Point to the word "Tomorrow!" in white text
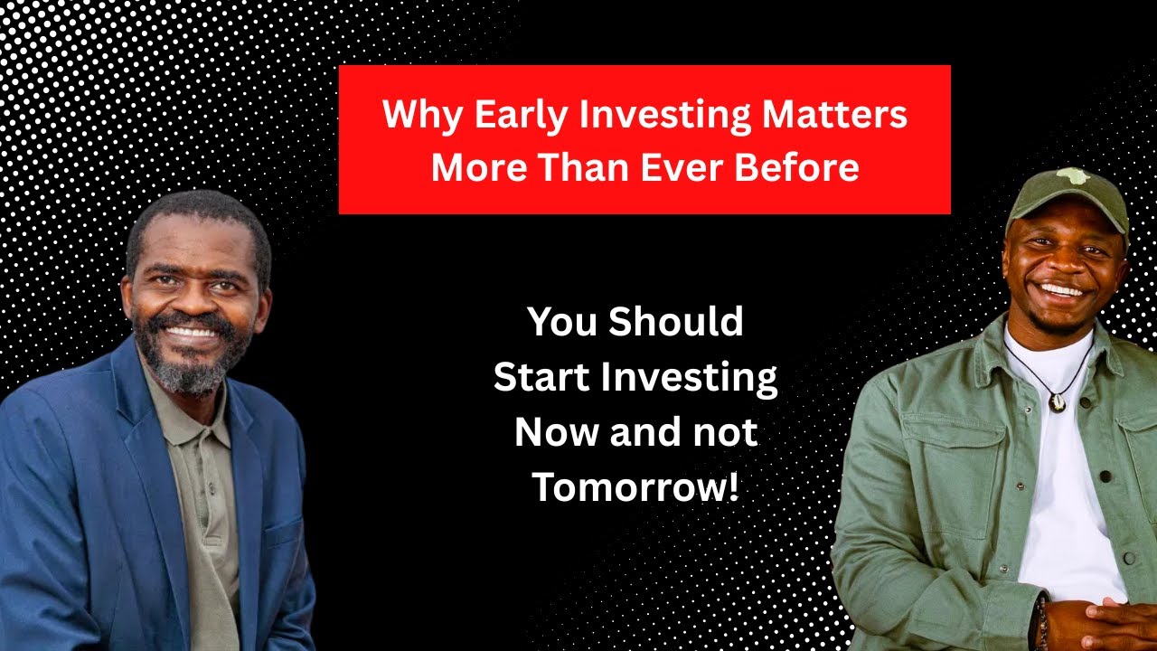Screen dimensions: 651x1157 pyautogui.click(x=635, y=488)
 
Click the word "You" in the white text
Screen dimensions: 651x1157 pyautogui.click(x=560, y=323)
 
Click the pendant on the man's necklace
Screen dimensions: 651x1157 pyautogui.click(x=1056, y=402)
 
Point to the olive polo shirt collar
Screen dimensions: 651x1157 pyautogui.click(x=203, y=416)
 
